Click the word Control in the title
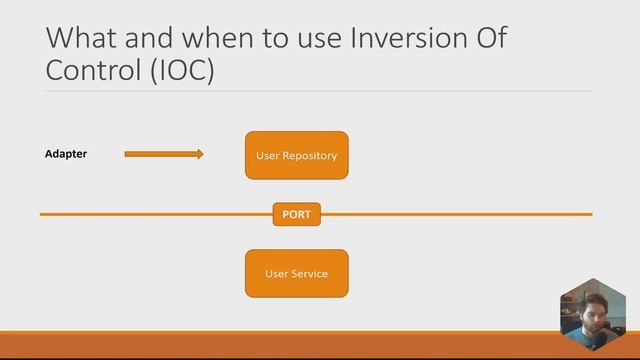click(x=92, y=72)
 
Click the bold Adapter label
click(x=66, y=154)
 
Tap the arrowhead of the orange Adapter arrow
click(x=199, y=154)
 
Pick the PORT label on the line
click(x=296, y=214)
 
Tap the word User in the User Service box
click(x=276, y=273)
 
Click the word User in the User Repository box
click(x=268, y=156)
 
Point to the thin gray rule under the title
click(x=319, y=91)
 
